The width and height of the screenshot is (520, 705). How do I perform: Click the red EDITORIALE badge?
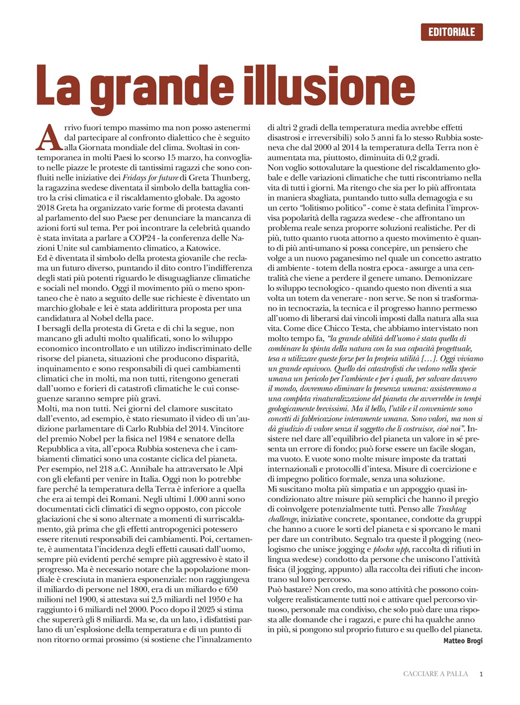coord(451,32)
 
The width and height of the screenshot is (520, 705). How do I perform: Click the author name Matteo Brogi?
coord(463,641)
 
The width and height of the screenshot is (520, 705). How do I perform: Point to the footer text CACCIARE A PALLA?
coord(436,674)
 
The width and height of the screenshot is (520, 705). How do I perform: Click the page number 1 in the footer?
coord(481,674)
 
